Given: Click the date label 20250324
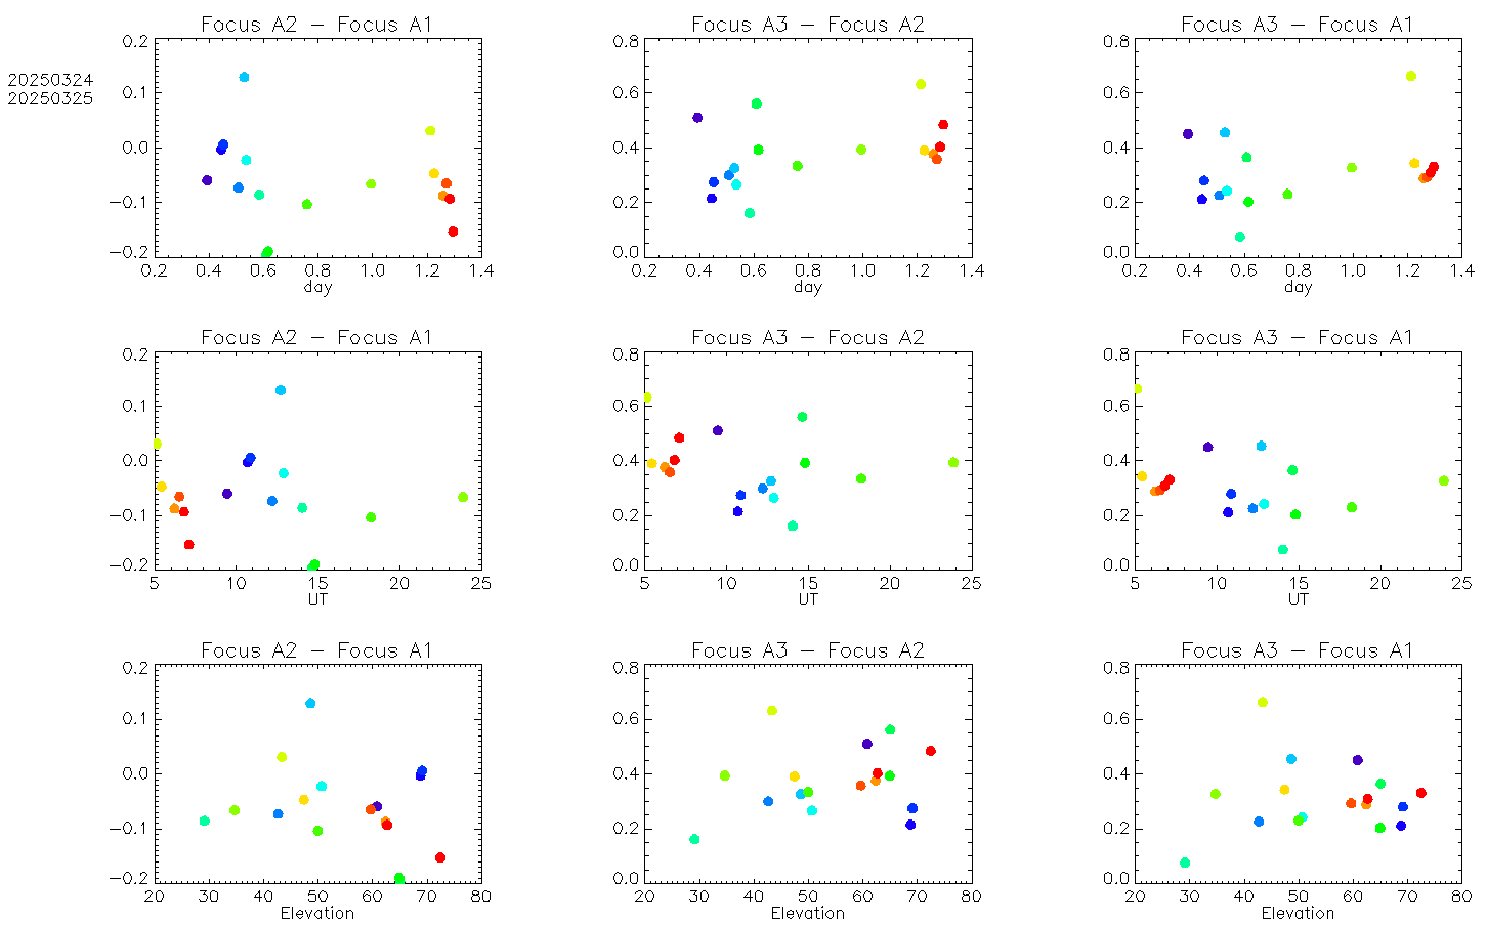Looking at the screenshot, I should [x=50, y=80].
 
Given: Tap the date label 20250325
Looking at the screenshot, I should [x=50, y=98].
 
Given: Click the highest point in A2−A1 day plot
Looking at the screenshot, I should [x=244, y=77].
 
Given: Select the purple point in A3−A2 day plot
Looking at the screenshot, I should [x=697, y=117].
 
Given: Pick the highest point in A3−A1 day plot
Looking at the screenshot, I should [x=1411, y=76].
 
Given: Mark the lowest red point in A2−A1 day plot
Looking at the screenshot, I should [x=453, y=232].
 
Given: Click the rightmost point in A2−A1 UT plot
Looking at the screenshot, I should [x=462, y=497].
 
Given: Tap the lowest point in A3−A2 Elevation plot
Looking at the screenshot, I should [x=694, y=839].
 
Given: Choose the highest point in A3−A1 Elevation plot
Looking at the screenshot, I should [x=1262, y=702].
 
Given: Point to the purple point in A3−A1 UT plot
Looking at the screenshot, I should [x=1207, y=447].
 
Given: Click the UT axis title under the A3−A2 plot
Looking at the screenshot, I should [x=808, y=600].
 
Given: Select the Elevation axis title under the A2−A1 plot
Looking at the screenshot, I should [x=317, y=913].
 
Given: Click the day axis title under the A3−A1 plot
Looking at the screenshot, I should [x=1298, y=286].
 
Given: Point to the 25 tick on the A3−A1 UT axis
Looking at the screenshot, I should [x=1461, y=583].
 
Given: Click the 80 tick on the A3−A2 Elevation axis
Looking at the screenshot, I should [x=971, y=896].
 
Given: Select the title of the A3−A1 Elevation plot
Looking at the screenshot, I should [x=1297, y=650].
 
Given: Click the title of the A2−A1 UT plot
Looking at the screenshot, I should [x=317, y=337].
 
